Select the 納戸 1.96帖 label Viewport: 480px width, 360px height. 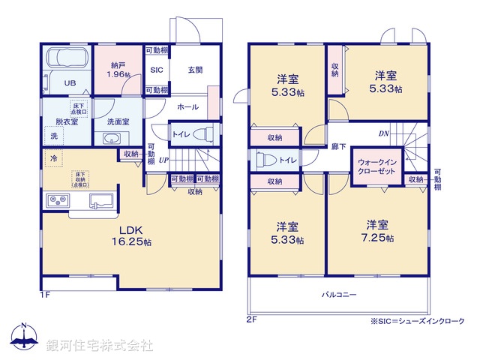click(118, 70)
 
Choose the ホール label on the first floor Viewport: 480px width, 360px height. click(187, 107)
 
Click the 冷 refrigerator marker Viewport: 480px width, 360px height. click(53, 158)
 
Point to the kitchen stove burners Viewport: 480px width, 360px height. click(58, 201)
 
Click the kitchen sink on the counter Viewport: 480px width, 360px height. click(100, 201)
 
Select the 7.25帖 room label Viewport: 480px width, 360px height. click(377, 230)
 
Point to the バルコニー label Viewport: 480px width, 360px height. click(340, 294)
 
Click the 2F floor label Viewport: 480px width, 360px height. click(252, 319)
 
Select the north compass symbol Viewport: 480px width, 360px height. click(23, 337)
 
